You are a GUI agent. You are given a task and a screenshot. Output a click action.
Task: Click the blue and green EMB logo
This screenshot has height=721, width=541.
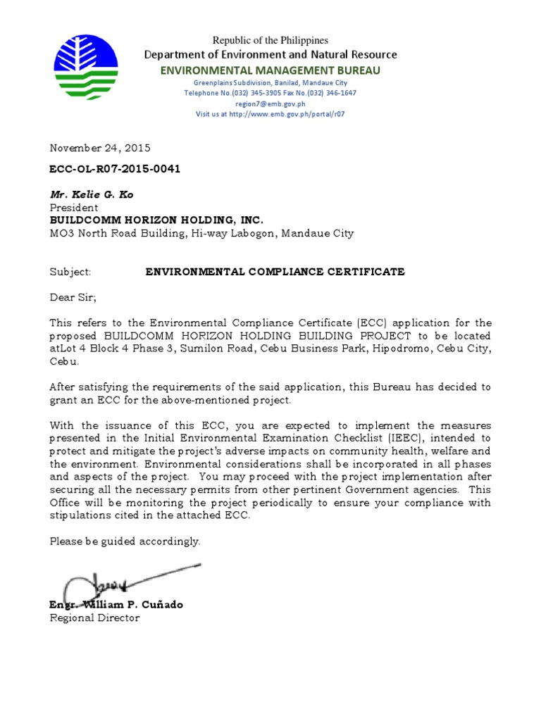(86, 68)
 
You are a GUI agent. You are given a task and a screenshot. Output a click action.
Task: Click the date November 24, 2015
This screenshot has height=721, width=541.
(99, 148)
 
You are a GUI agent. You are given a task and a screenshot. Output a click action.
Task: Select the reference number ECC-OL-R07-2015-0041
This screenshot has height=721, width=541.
(110, 170)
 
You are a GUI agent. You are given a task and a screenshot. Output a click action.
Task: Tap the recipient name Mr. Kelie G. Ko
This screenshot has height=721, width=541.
(91, 194)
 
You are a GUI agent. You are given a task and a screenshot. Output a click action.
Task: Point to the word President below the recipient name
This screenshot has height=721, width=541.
(74, 208)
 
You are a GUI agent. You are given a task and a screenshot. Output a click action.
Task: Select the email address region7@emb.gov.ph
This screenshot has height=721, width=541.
(270, 104)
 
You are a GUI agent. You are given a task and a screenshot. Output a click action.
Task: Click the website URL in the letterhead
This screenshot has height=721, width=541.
(270, 114)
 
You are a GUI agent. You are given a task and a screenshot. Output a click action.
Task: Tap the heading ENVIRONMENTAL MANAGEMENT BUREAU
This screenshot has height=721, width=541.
(270, 70)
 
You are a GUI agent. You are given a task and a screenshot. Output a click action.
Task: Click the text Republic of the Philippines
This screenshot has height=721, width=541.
(270, 41)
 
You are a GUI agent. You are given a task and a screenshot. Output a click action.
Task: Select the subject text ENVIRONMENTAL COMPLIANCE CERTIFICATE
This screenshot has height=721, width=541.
(275, 272)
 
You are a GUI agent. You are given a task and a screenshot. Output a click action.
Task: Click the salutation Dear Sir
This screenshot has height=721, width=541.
(72, 297)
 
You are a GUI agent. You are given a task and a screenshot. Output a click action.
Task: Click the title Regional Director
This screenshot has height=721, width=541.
(94, 618)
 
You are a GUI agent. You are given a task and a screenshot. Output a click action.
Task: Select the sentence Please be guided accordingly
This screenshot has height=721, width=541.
(125, 541)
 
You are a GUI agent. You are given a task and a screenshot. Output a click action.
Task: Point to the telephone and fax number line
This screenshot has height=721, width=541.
(270, 93)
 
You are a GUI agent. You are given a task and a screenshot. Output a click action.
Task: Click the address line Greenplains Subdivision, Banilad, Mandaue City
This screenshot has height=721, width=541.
(270, 82)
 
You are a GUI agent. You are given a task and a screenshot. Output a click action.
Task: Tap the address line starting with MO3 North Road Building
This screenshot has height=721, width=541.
(201, 233)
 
